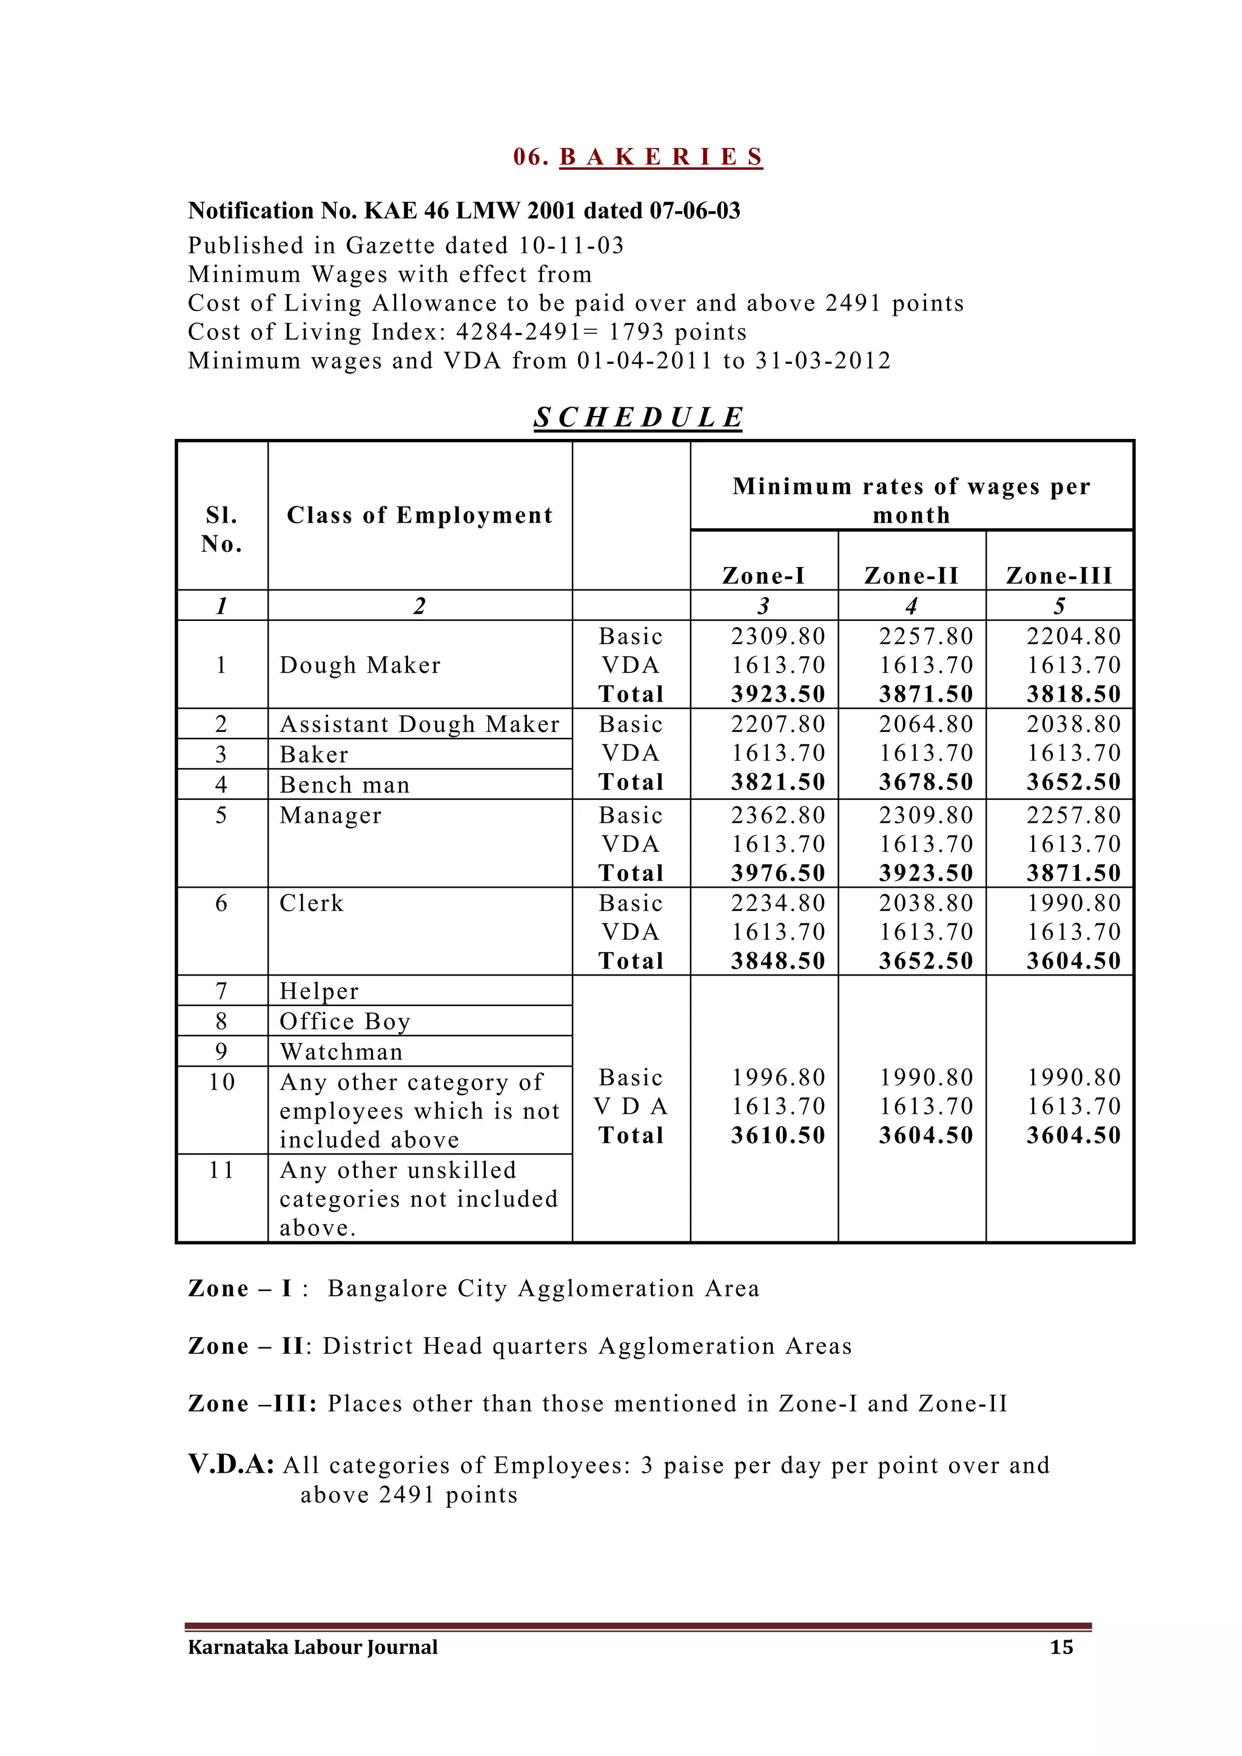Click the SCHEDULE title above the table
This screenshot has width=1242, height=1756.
coord(638,418)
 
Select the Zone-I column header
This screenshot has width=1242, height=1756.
coord(764,575)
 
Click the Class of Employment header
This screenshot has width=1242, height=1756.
coord(419,515)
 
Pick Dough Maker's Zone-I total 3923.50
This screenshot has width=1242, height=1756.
coord(778,694)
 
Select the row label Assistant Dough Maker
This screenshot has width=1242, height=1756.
coord(419,723)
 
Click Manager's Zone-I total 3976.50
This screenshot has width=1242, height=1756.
coord(778,873)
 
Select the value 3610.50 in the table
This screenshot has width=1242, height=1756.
coord(778,1135)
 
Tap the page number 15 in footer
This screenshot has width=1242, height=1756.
coord(1061,1647)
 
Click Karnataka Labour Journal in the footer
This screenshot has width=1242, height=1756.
coord(313,1647)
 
